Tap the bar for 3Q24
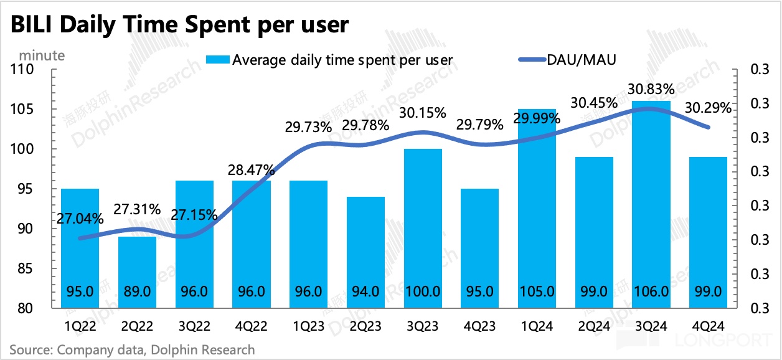pos(652,206)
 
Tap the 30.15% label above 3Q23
pos(423,113)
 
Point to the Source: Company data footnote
pos(132,349)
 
